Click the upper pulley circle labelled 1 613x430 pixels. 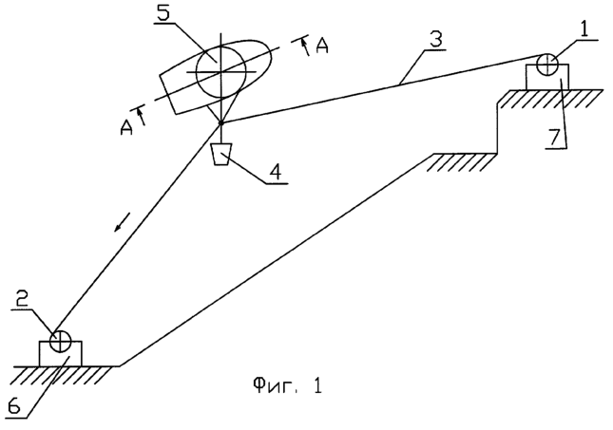(546, 65)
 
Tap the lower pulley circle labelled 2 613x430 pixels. (60, 340)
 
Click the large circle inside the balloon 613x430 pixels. (220, 69)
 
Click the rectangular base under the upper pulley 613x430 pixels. (546, 79)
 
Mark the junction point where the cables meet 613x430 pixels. (220, 122)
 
